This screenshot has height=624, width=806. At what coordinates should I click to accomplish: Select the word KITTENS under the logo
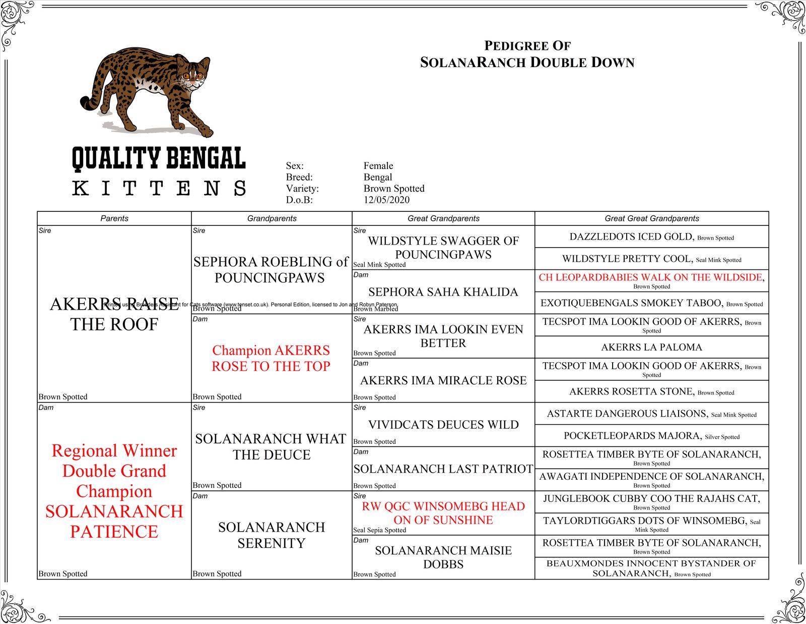(x=159, y=189)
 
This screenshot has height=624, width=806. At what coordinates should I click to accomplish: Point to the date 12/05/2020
(x=386, y=200)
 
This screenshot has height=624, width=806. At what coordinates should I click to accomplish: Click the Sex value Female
(x=378, y=165)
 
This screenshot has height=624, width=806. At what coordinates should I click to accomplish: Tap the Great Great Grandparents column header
(x=651, y=218)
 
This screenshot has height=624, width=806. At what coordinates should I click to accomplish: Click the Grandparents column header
(x=272, y=218)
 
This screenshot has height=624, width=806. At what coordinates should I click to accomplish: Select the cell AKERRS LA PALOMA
(x=651, y=347)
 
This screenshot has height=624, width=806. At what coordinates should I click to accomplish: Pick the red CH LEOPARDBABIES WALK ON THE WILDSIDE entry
(x=650, y=277)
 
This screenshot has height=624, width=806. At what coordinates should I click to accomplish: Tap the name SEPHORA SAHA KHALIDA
(x=443, y=292)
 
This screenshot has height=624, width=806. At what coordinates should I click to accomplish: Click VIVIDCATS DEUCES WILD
(x=443, y=425)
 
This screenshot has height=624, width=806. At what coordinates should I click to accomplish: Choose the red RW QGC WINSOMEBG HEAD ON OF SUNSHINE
(x=443, y=513)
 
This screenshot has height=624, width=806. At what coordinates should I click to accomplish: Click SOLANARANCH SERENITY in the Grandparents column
(x=272, y=535)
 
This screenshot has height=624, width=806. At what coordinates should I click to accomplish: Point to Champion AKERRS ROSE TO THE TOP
(x=271, y=358)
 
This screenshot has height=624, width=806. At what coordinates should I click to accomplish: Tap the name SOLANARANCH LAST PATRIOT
(x=443, y=469)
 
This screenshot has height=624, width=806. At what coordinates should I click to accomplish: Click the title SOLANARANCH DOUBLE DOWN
(x=527, y=63)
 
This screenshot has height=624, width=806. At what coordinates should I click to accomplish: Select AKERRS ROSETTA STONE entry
(x=631, y=391)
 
